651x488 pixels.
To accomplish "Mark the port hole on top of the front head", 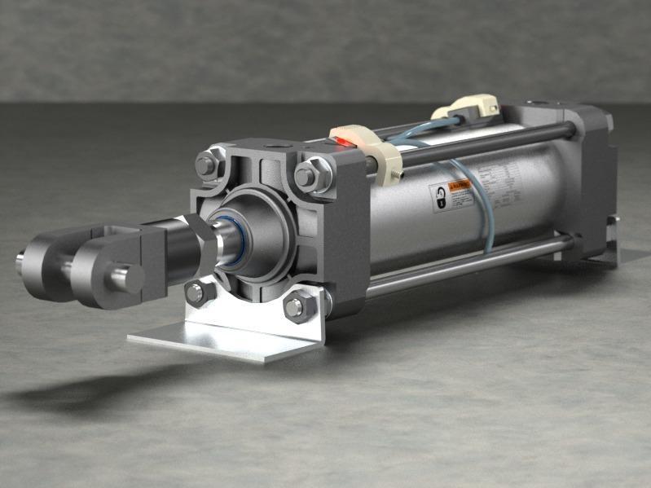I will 275,148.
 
